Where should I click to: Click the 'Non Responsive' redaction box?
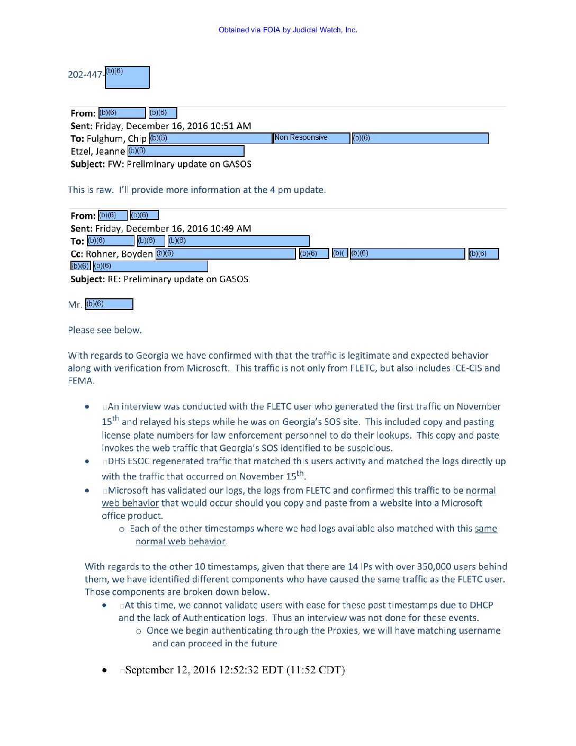point(311,138)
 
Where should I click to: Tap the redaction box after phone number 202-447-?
point(127,77)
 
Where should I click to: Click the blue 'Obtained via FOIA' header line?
point(287,30)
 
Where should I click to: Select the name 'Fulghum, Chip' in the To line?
point(116,139)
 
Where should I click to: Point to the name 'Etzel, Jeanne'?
point(98,152)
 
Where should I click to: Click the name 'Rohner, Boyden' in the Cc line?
point(119,254)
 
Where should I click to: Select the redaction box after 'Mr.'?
point(109,304)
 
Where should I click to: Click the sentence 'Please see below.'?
point(105,330)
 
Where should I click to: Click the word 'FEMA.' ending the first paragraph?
point(81,381)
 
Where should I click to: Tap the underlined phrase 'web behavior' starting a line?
point(130,503)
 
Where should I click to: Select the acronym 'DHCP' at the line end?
point(481,605)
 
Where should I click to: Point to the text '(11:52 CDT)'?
point(316,670)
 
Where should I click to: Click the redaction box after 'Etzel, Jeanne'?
point(186,152)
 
